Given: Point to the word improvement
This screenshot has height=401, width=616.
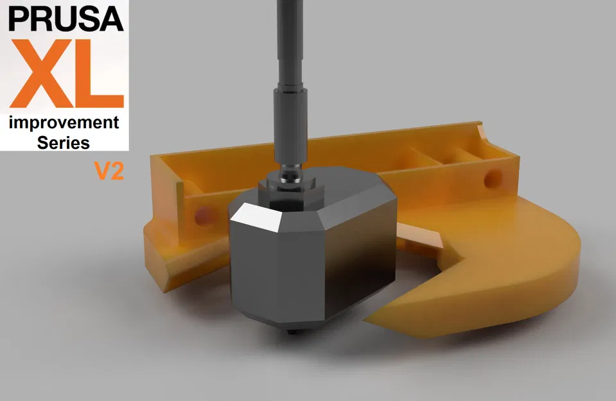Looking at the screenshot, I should point(64,123).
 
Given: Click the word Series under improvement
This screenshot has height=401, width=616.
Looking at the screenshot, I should point(64,142).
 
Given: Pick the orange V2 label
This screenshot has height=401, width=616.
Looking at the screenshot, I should point(109,171).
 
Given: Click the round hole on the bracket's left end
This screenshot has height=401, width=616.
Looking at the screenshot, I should point(203,214).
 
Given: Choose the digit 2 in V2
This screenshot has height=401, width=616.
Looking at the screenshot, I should point(116,171).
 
